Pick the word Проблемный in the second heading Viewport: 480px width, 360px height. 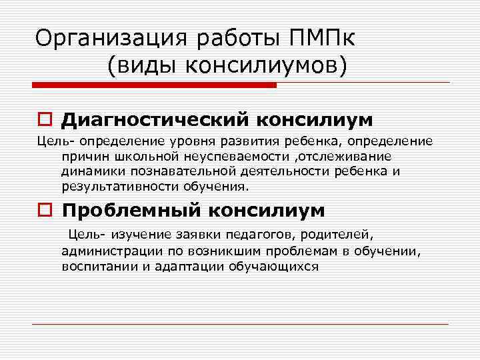[132, 211]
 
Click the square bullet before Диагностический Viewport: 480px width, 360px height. [45, 121]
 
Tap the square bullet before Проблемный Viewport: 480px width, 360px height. [45, 211]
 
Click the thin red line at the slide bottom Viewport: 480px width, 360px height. [240, 324]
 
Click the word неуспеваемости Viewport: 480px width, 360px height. [251, 155]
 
